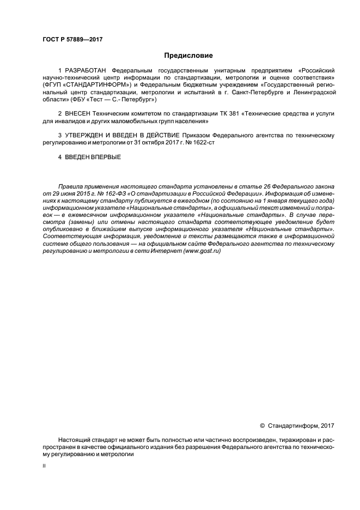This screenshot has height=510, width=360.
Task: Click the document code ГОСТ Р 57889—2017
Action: (x=72, y=39)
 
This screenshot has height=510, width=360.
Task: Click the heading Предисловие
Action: (x=188, y=56)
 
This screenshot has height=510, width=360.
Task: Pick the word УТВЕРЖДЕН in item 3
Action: (x=85, y=134)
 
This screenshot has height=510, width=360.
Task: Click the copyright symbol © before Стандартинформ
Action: (x=263, y=426)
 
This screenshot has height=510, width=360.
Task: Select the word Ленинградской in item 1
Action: (x=312, y=93)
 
